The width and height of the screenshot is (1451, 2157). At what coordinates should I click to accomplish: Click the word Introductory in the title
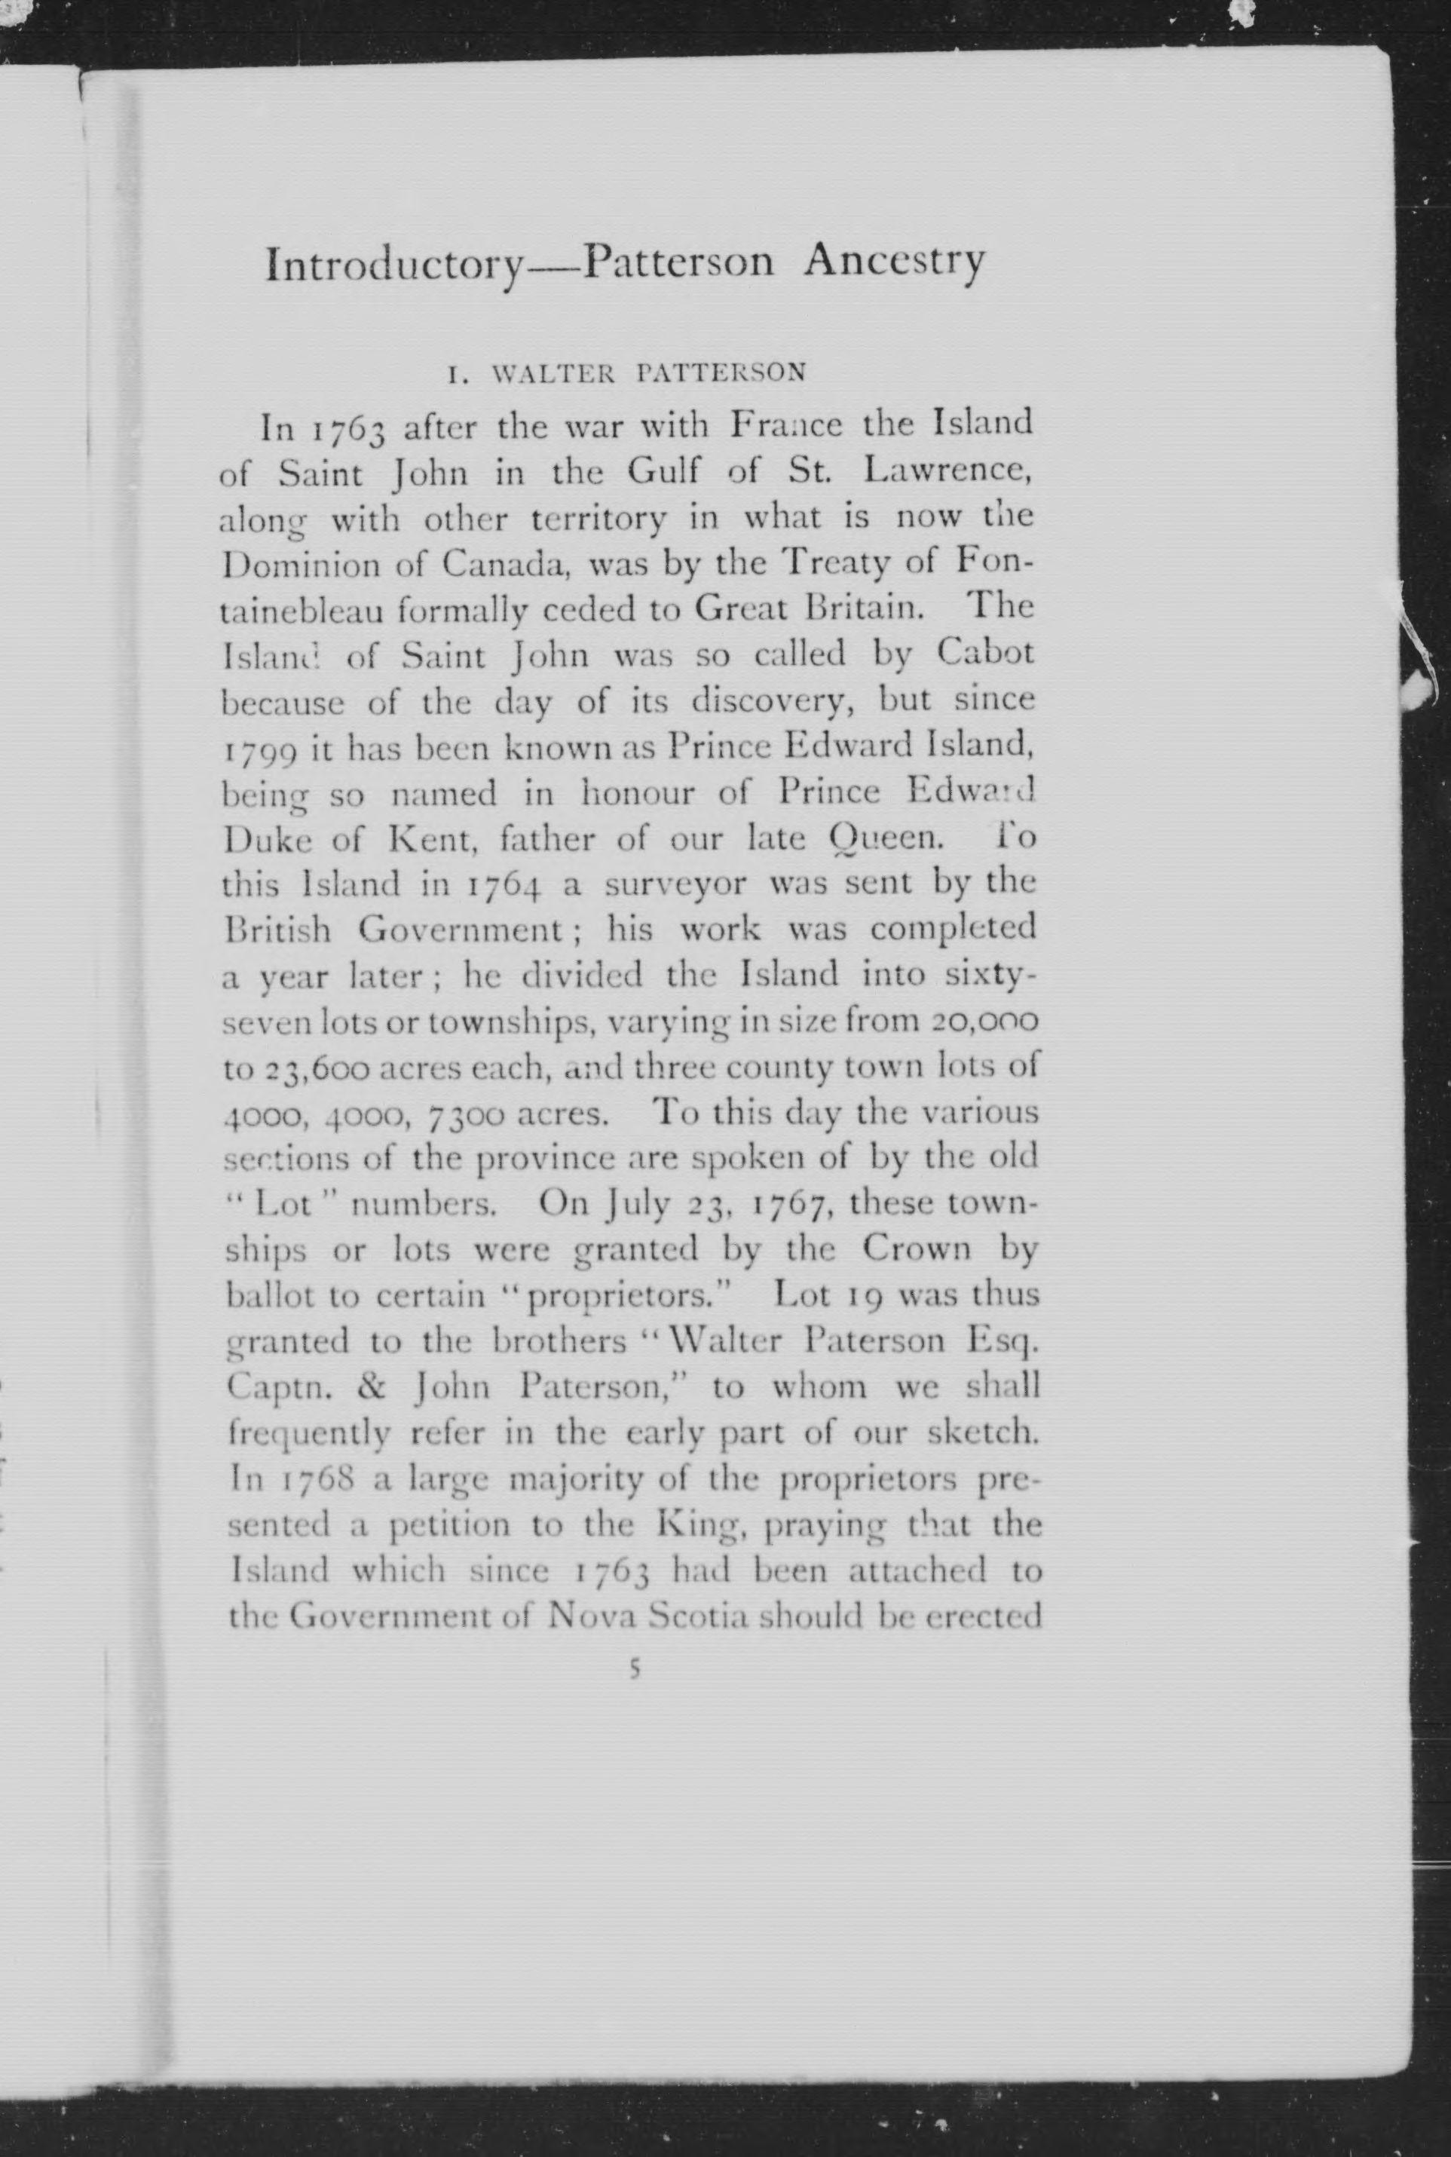(x=394, y=265)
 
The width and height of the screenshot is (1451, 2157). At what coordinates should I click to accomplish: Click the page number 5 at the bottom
(x=634, y=1668)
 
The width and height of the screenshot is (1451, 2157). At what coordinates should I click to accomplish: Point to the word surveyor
(x=675, y=886)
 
